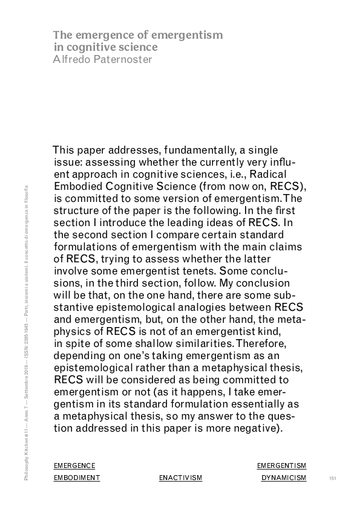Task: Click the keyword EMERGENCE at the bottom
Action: [x=74, y=465]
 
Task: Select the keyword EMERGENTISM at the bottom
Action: [x=281, y=465]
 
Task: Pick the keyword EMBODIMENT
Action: [x=77, y=478]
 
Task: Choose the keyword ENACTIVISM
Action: [x=180, y=478]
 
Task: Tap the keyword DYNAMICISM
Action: [x=284, y=478]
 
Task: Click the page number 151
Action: [x=332, y=478]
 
